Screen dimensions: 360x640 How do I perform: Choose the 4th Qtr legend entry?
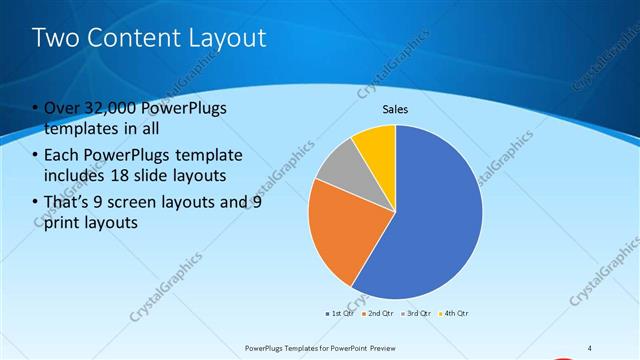click(x=455, y=313)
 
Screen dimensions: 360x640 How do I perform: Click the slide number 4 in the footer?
click(x=590, y=347)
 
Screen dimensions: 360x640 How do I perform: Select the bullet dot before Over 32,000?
click(x=36, y=108)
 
